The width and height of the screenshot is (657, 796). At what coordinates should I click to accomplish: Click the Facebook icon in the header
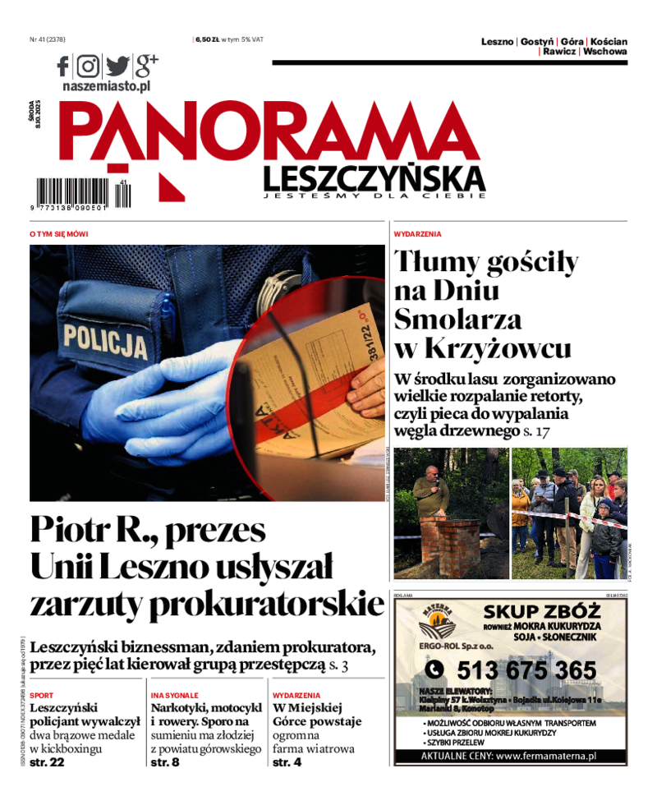(64, 66)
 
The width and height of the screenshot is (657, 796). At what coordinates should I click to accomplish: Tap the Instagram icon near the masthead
(88, 66)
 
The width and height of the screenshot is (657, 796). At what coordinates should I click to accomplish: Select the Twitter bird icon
(117, 66)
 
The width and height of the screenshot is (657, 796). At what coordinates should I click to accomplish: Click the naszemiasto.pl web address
(106, 85)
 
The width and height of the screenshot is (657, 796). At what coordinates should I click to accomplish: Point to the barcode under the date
(81, 193)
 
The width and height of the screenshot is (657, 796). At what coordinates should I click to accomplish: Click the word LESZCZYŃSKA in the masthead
(374, 177)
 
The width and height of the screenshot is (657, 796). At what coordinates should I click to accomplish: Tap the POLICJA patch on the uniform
(106, 338)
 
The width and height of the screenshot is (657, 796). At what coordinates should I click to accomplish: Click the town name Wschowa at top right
(604, 51)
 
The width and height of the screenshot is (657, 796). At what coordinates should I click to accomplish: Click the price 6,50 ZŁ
(206, 39)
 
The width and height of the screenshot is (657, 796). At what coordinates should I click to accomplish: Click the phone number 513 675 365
(526, 669)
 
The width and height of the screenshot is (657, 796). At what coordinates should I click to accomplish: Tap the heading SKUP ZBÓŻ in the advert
(542, 612)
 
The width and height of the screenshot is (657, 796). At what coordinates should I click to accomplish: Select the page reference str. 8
(165, 763)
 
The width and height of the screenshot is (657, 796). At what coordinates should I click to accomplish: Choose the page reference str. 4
(287, 763)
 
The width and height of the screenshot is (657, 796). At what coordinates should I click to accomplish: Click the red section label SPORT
(41, 695)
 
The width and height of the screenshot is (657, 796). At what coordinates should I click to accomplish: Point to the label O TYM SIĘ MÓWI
(58, 234)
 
